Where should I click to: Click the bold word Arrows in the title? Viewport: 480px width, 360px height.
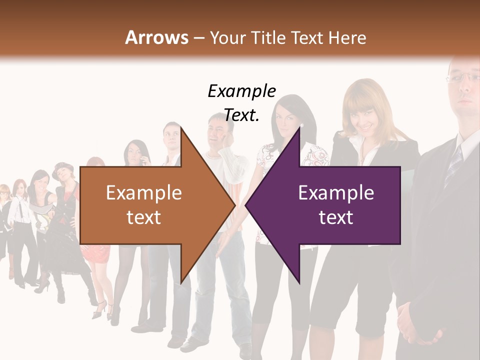157,37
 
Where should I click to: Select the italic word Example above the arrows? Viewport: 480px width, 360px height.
241,91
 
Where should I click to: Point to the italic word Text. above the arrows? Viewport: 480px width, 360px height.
241,115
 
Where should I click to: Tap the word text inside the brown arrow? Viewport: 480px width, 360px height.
143,217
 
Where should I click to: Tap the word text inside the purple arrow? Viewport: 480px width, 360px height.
336,217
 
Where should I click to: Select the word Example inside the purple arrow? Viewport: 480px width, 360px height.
336,193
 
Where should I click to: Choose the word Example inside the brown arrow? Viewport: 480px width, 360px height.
143,193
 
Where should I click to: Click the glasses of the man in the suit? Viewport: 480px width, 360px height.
462,77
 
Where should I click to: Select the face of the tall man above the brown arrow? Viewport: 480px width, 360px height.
171,137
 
